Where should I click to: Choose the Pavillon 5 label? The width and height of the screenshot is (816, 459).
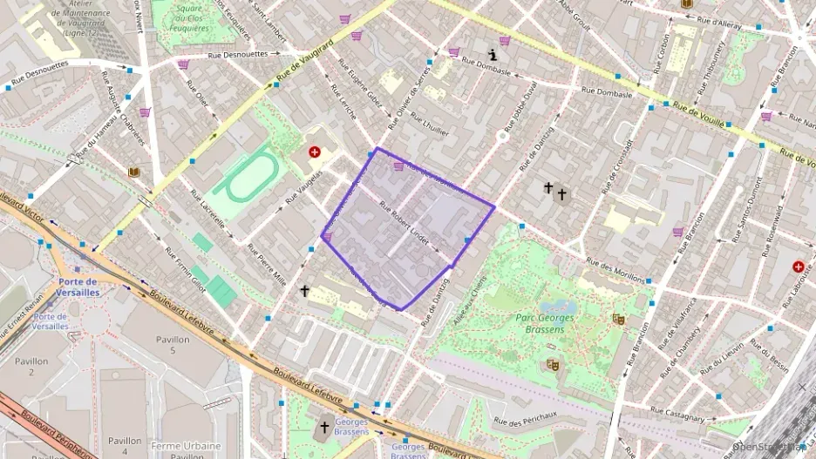(173, 344)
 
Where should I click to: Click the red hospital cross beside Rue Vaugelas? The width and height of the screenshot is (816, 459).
(314, 152)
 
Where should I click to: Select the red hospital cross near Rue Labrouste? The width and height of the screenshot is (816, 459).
(798, 267)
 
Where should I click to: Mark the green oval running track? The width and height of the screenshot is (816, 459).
(246, 177)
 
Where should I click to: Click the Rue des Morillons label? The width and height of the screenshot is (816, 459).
(615, 271)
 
